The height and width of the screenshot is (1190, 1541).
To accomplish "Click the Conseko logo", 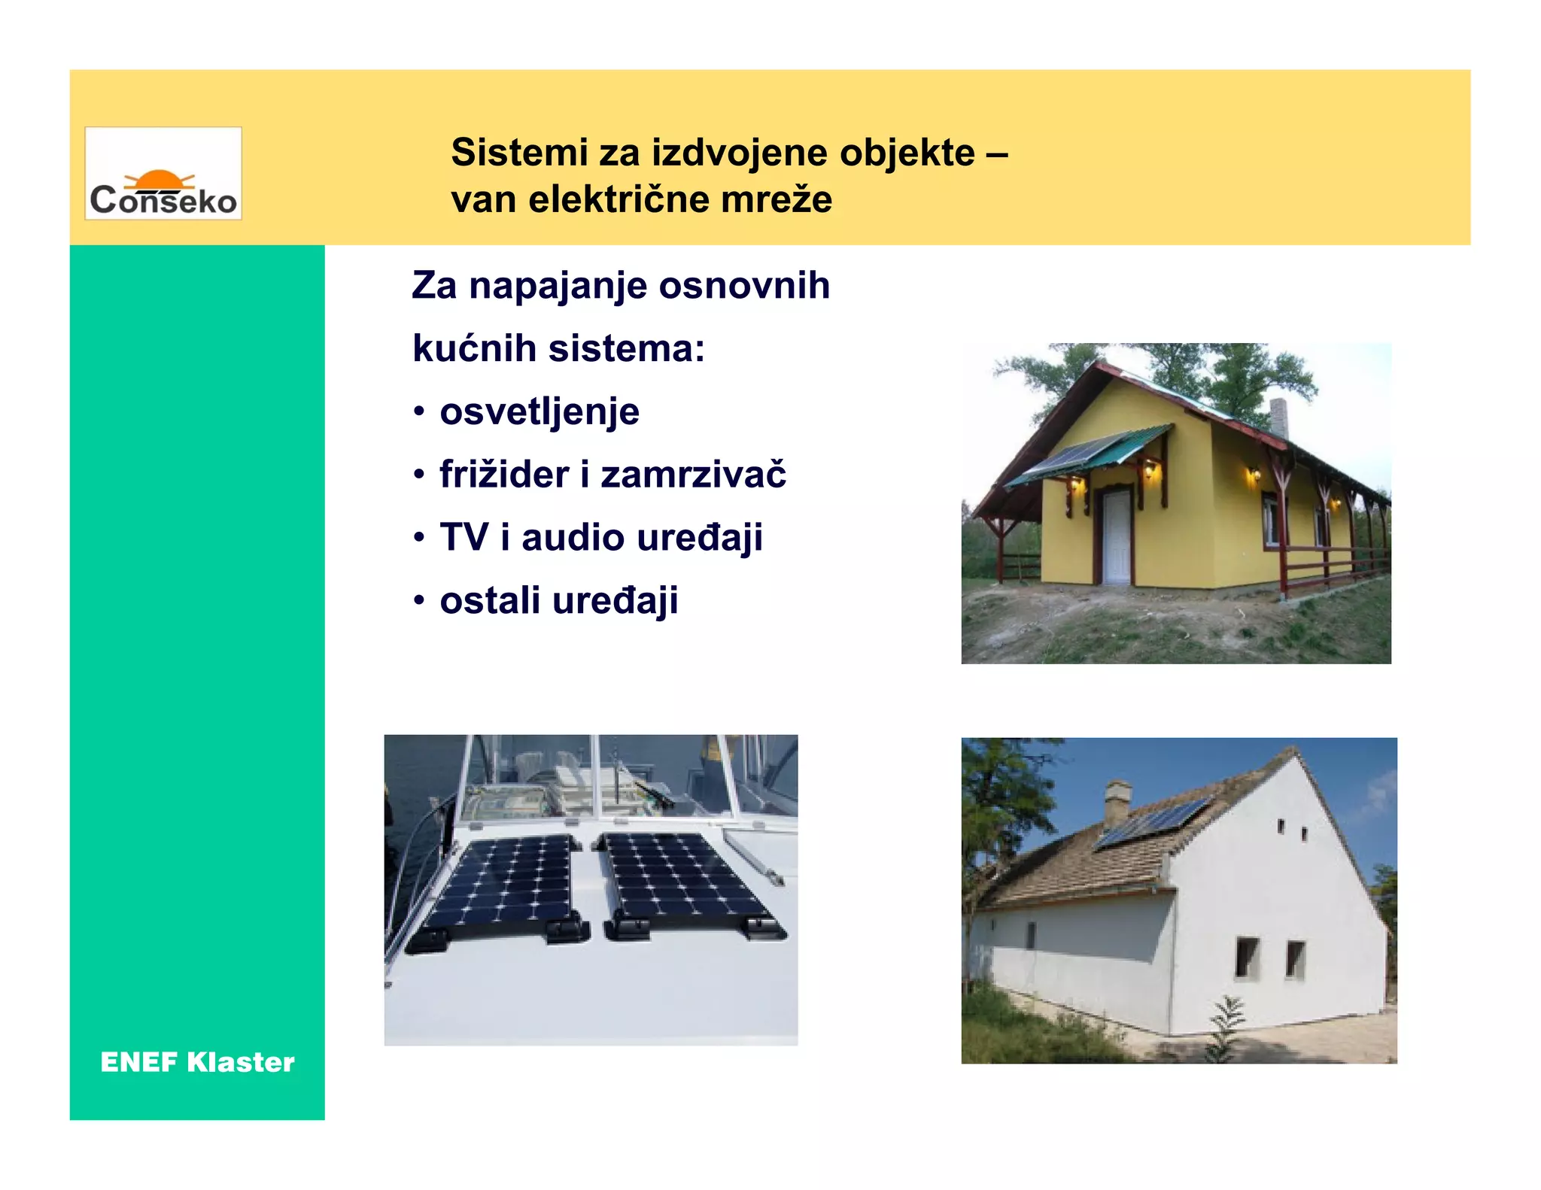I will click(x=163, y=174).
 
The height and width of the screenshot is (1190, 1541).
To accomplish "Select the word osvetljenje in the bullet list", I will click(x=539, y=412).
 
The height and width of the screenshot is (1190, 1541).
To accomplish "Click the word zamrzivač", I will click(x=693, y=475).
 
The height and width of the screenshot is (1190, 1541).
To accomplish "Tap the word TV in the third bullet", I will click(x=464, y=538).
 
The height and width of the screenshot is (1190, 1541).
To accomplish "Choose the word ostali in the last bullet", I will click(x=490, y=601).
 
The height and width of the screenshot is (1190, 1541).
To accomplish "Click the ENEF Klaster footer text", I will click(x=197, y=1062).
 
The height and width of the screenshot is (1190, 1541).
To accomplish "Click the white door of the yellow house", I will click(x=1117, y=536).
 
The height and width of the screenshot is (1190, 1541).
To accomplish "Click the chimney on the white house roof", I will click(x=1117, y=801).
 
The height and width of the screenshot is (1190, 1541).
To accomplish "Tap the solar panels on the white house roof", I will click(x=1151, y=824).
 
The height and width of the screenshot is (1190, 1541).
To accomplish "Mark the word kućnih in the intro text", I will click(x=474, y=349).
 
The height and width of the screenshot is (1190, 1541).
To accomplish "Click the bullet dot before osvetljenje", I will click(x=419, y=412).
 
